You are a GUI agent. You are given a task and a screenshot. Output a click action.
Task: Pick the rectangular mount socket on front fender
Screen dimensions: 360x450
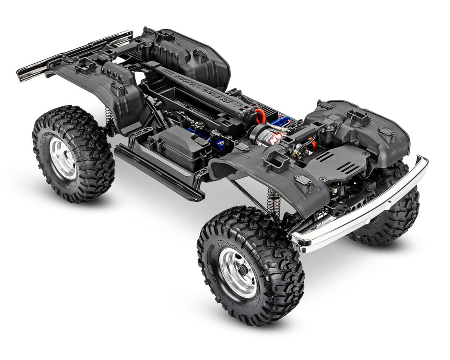(277, 161)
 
